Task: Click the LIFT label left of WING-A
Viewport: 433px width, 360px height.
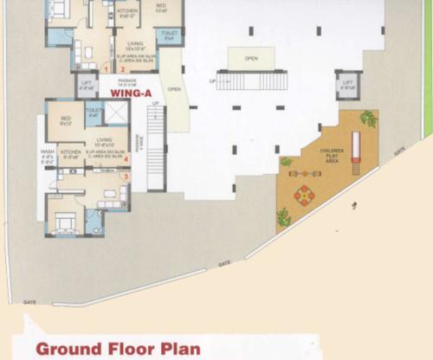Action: tap(87, 86)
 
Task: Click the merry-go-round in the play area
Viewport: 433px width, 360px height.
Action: tap(304, 196)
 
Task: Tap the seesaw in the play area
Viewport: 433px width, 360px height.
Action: tap(305, 173)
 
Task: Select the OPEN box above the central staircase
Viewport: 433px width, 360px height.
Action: tap(251, 59)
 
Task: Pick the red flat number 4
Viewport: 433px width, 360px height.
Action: tap(126, 158)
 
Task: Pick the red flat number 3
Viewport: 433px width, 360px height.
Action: tap(126, 177)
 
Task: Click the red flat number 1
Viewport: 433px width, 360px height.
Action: tap(107, 66)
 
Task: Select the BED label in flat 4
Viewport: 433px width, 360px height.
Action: tap(65, 120)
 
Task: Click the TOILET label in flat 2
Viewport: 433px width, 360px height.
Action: tap(170, 35)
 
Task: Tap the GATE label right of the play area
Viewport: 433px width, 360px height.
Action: tap(399, 151)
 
